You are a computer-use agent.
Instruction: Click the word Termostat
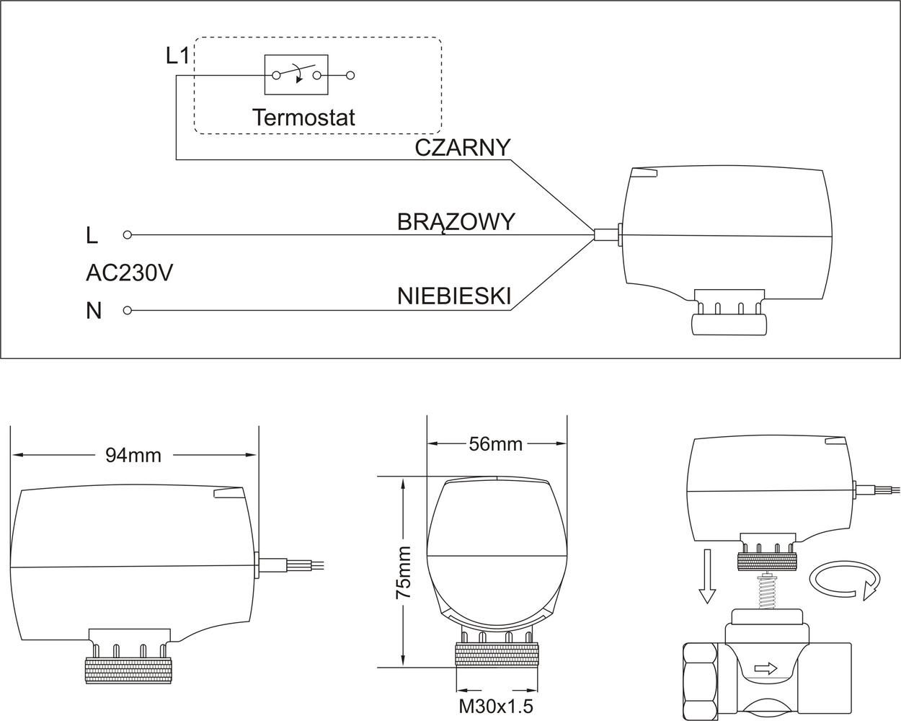point(303,117)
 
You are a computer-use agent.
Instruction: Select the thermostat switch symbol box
point(296,74)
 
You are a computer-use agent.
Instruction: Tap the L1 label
point(177,56)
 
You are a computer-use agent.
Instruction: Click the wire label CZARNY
point(462,147)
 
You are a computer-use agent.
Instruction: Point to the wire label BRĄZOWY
point(456,221)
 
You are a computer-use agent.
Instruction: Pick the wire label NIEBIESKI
point(454,296)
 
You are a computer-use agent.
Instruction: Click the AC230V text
point(129,273)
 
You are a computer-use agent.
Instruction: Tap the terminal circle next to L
point(128,235)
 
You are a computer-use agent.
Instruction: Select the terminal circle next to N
point(128,311)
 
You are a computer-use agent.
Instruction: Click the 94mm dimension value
point(133,455)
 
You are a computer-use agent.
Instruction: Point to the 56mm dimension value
point(496,443)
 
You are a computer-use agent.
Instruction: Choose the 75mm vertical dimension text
point(404,573)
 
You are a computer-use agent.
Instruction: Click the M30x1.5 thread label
point(496,706)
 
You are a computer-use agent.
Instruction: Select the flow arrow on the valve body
point(765,668)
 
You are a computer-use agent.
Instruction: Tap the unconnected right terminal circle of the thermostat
point(351,74)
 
